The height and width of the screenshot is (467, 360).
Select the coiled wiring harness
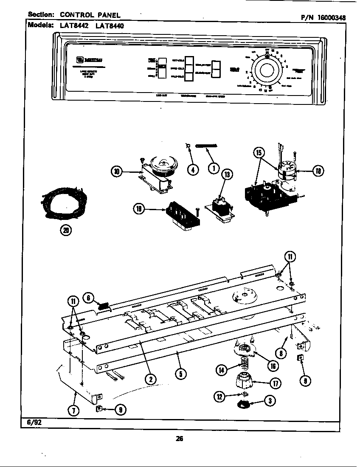click(64, 203)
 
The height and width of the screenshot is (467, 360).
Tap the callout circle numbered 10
click(116, 172)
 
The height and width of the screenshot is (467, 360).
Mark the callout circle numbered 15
click(259, 153)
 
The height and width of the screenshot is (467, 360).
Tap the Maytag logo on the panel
click(89, 59)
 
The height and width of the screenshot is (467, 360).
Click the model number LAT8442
click(76, 25)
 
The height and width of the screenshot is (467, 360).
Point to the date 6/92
click(32, 423)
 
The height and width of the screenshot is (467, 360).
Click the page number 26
click(179, 439)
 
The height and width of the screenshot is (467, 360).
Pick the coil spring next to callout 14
click(244, 363)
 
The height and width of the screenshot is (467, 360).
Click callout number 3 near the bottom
click(269, 399)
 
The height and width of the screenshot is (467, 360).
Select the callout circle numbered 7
click(75, 410)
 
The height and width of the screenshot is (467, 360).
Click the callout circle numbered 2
click(149, 379)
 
